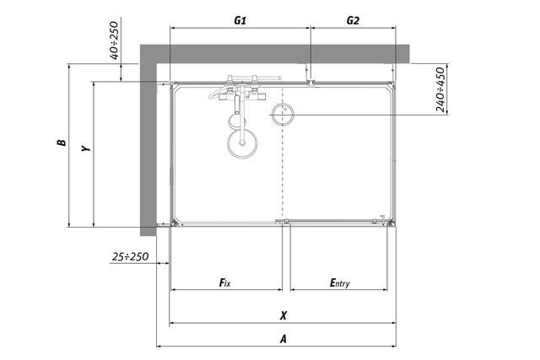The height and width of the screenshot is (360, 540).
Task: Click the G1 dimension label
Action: (240, 20)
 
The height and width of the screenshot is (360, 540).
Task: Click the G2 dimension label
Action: (353, 20)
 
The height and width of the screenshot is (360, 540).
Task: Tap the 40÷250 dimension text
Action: (114, 40)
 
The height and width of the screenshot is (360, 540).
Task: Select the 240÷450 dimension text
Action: (440, 89)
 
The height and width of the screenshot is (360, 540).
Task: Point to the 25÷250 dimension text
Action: (130, 256)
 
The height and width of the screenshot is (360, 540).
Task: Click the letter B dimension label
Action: (62, 142)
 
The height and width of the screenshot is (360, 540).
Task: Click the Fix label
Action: (225, 282)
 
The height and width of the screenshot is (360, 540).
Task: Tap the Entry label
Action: (339, 283)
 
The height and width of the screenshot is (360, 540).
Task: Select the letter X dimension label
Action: (283, 315)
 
